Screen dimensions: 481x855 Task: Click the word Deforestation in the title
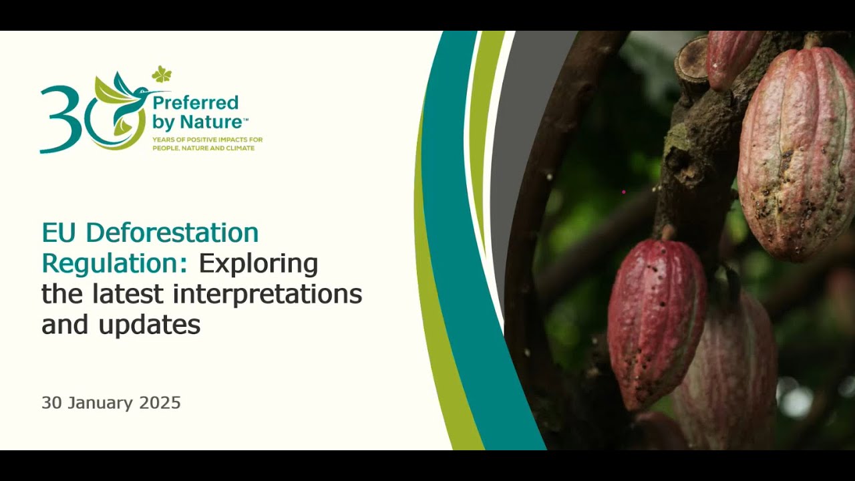tap(172, 233)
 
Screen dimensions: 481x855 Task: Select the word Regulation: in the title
tap(114, 264)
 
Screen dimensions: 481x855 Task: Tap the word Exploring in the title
tap(258, 264)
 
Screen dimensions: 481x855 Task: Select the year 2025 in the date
tap(160, 403)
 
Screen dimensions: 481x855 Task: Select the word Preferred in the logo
tap(195, 103)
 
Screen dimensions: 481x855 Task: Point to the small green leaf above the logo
tap(161, 74)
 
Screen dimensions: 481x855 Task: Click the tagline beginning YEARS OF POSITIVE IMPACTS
tap(207, 144)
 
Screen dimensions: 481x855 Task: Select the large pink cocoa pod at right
tap(796, 150)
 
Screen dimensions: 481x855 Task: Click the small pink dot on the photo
tap(624, 192)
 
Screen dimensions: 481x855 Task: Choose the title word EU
tap(59, 233)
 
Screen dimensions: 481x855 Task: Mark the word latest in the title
tap(130, 294)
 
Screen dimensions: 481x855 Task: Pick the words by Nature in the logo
tap(198, 123)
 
